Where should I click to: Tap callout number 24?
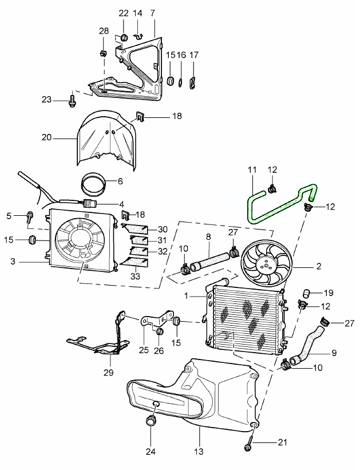point(151,451)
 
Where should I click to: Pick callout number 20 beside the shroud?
point(46,137)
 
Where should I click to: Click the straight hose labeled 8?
point(209,259)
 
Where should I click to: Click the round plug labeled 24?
point(150,420)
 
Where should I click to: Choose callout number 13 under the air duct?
point(199,451)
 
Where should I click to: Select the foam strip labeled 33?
point(135,262)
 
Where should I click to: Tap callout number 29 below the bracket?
point(109,372)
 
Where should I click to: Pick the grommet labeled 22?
point(124,38)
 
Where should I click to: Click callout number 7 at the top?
point(153,13)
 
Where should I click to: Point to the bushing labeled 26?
point(160,331)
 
